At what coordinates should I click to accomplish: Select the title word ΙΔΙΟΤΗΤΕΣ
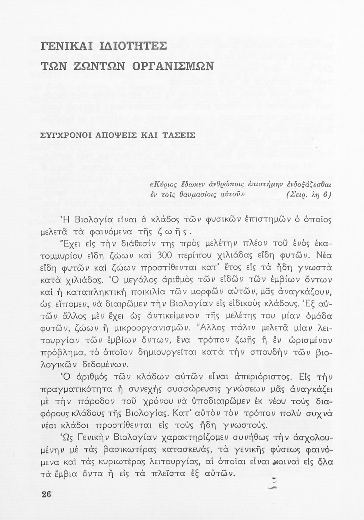(131, 46)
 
